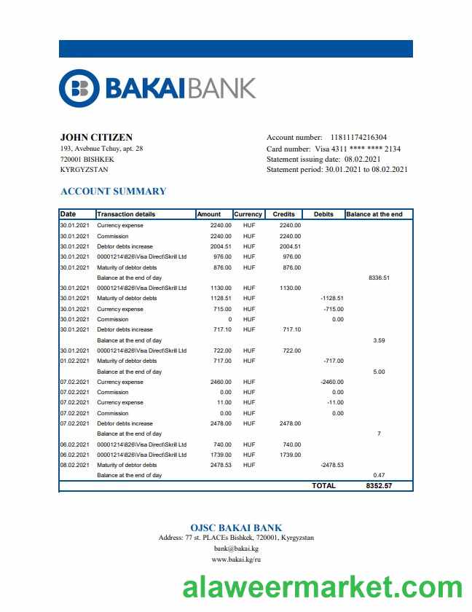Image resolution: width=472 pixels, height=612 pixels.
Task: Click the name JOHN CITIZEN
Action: click(96, 137)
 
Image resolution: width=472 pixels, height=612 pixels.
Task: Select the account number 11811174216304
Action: click(358, 137)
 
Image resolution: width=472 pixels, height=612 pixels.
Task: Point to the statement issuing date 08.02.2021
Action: click(363, 159)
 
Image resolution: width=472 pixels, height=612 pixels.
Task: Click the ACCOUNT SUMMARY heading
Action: click(113, 192)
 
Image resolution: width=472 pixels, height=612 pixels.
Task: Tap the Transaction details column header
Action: click(126, 214)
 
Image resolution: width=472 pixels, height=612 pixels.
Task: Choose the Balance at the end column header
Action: click(374, 214)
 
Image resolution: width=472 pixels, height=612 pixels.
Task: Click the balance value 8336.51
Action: click(379, 278)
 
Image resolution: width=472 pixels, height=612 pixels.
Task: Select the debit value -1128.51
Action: click(331, 298)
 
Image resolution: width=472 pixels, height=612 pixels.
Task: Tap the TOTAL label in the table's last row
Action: click(323, 486)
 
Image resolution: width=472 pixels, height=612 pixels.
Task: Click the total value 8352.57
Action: click(379, 486)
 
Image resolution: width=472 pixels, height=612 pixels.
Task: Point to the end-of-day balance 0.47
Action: click(379, 475)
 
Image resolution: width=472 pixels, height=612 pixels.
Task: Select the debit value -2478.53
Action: click(331, 465)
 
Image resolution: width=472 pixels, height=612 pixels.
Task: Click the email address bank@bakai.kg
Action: click(236, 549)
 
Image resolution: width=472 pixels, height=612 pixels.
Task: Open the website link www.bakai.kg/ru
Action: click(236, 560)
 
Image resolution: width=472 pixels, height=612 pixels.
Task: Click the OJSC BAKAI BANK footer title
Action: click(236, 527)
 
